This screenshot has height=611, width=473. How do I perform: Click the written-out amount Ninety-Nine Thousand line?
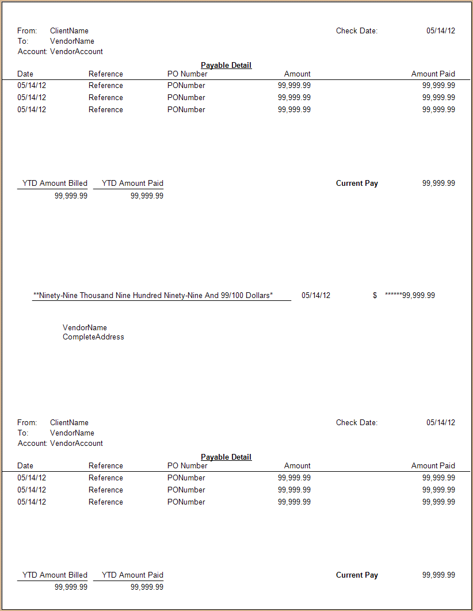(153, 295)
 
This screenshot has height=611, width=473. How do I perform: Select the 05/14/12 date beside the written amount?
(316, 295)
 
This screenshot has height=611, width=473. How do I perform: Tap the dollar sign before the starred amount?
(375, 295)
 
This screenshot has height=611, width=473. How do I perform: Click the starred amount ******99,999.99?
(410, 295)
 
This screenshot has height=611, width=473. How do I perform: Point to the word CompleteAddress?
(93, 337)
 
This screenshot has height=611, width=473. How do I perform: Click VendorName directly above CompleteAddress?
(85, 327)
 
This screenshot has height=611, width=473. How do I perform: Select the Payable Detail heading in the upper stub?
(226, 65)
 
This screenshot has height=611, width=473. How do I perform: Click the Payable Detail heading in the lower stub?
(226, 457)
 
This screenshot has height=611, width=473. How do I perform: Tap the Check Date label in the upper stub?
(357, 30)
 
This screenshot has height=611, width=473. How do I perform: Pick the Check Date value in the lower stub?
(440, 422)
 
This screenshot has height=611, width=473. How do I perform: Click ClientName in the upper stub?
(69, 30)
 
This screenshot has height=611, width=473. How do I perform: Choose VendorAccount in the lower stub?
(77, 443)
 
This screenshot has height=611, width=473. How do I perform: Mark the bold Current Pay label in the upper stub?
(357, 183)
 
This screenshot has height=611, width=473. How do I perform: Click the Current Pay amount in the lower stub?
(438, 575)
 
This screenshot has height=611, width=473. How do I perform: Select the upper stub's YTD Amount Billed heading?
(55, 183)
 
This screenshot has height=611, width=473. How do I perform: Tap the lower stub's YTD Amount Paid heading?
(132, 575)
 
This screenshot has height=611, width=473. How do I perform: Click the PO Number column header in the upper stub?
(187, 74)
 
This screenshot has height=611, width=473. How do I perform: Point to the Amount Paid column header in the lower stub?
(433, 465)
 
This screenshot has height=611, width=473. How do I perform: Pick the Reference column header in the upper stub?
(105, 74)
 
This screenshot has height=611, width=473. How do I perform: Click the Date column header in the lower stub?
(25, 465)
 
